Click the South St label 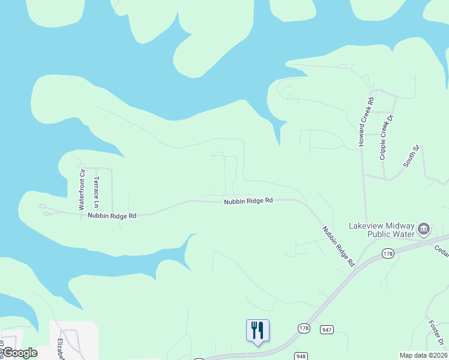pyautogui.click(x=411, y=155)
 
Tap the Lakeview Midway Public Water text pyautogui.click(x=382, y=230)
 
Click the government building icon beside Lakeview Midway pyautogui.click(x=424, y=229)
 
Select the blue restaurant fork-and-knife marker pyautogui.click(x=258, y=331)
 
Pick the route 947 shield pyautogui.click(x=327, y=329)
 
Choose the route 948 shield pyautogui.click(x=301, y=356)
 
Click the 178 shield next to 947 pyautogui.click(x=304, y=328)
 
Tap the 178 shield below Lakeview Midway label pyautogui.click(x=387, y=256)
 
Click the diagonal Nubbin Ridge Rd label pyautogui.click(x=338, y=246)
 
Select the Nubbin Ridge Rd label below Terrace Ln pyautogui.click(x=112, y=215)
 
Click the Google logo pyautogui.click(x=19, y=352)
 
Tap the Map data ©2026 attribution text pyautogui.click(x=423, y=355)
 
